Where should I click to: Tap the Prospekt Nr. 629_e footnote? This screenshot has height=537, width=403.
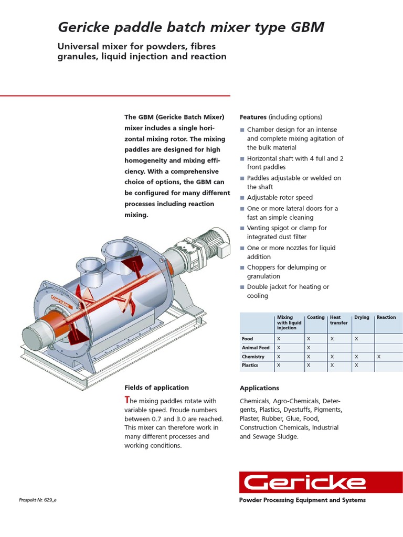38,500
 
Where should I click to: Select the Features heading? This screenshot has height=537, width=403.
253,117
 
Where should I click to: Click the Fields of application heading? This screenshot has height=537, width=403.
156,388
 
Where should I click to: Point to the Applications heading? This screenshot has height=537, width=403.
259,388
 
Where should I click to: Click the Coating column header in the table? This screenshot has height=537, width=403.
316,318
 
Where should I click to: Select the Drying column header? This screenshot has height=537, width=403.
362,318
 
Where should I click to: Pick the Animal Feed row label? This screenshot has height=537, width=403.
256,348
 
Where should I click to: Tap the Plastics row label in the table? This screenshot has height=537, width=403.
250,365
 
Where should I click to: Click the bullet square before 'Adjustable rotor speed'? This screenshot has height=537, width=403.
242,198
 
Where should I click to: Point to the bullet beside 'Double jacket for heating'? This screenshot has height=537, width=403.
242,287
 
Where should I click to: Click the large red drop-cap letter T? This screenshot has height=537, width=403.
127,400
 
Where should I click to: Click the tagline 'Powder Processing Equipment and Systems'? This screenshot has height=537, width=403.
302,500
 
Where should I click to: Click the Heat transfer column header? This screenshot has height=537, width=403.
338,320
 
